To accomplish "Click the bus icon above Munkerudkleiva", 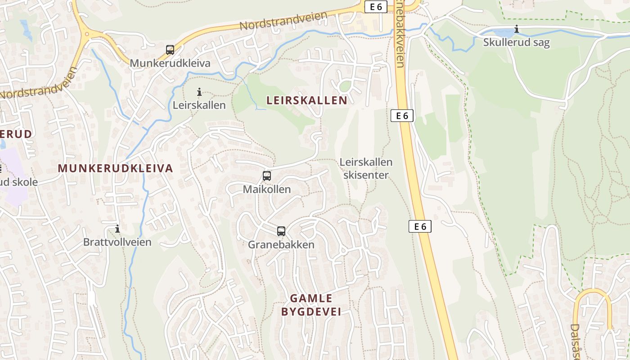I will [x=170, y=49].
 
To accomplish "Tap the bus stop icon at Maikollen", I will [x=267, y=176].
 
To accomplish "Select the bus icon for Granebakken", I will [x=281, y=231].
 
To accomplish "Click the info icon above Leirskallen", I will [x=199, y=92].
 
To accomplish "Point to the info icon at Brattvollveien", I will [x=117, y=229].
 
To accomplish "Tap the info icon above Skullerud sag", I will [x=517, y=30].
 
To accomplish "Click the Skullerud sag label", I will [x=516, y=43].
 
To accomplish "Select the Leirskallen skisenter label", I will [x=366, y=168].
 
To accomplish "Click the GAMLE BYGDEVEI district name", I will [x=311, y=305].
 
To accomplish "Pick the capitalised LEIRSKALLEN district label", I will [x=307, y=100].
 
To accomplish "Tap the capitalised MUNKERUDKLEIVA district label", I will [x=116, y=168].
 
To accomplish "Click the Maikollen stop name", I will [x=267, y=189].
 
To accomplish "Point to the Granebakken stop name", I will [x=281, y=245].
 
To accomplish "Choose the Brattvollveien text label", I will [x=117, y=242].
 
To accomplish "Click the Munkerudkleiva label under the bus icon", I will [x=170, y=63].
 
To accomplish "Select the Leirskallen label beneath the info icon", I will [x=199, y=105].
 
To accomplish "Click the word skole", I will [x=26, y=182].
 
